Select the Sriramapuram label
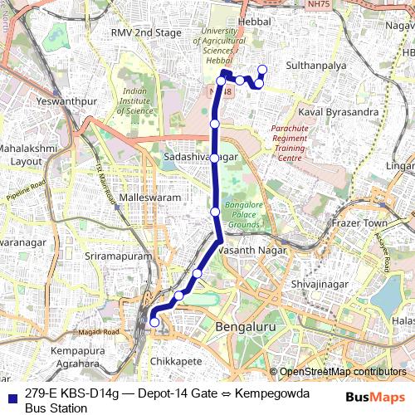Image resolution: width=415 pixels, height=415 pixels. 120,257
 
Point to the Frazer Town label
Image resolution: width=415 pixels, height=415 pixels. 359,223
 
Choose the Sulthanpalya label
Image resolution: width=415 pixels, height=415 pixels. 315,64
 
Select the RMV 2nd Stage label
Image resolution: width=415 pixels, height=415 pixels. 146,33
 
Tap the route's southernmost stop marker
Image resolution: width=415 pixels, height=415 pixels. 154,322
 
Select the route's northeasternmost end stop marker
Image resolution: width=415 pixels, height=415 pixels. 263,70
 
